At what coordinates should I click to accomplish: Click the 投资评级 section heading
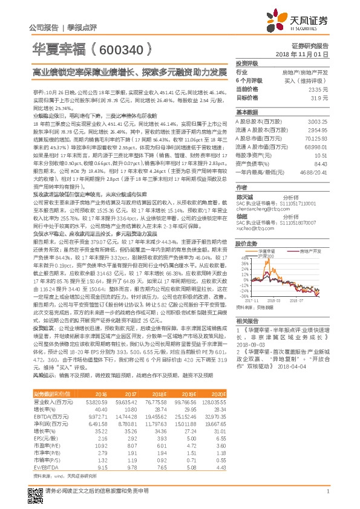(247, 63)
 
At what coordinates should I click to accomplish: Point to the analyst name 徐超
(241, 215)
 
